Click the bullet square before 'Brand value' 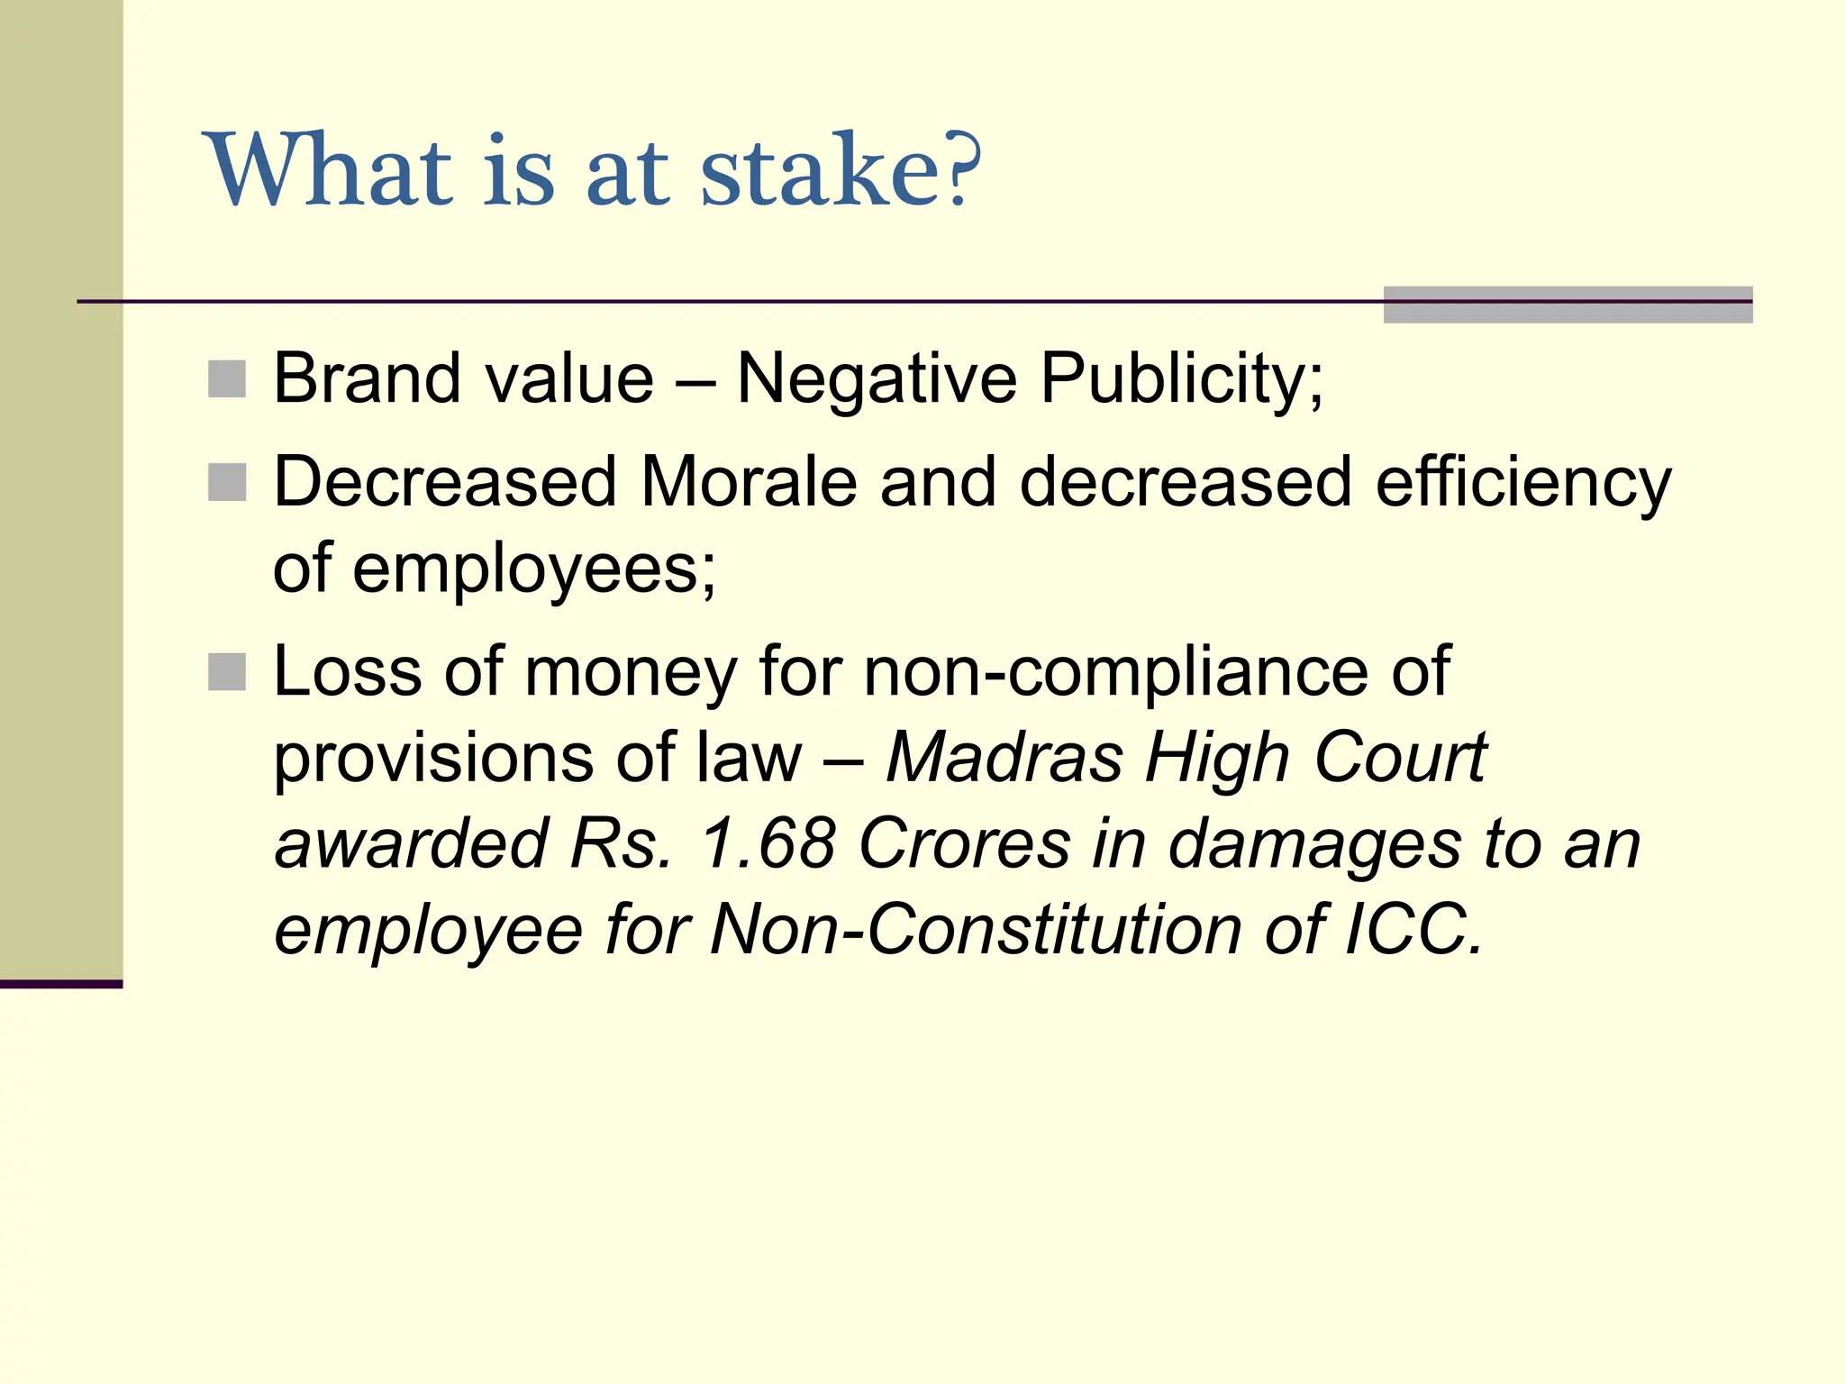227,379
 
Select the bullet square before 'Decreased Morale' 227,483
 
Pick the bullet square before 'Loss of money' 227,672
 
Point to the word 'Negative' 877,380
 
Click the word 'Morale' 748,482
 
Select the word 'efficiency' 1523,484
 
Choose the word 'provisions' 433,758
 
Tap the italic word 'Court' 1400,758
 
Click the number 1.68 768,844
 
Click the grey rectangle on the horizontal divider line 1568,305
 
